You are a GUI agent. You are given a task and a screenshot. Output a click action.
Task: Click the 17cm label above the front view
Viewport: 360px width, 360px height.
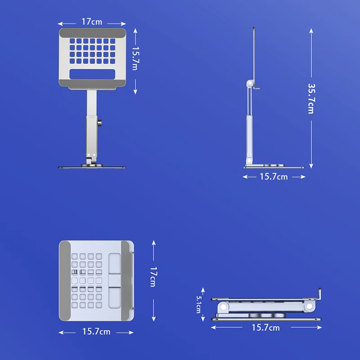point(92,22)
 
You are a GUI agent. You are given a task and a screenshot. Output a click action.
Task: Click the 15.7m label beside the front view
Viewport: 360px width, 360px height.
point(135,58)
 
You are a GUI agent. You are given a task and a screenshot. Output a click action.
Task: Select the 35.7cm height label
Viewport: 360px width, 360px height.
point(311,99)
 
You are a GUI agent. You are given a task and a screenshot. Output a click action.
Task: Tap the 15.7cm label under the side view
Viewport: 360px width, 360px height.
point(274,177)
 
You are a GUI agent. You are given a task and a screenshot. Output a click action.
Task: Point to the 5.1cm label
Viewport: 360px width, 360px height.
point(199,305)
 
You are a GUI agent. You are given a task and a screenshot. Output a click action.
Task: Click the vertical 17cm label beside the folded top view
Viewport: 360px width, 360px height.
point(153,277)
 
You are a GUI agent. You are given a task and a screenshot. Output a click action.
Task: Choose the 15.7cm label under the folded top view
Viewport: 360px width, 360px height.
point(96,332)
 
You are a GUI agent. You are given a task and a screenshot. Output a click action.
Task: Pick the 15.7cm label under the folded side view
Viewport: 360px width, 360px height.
point(265,328)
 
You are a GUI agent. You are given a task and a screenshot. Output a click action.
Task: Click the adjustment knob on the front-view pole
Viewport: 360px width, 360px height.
point(99,123)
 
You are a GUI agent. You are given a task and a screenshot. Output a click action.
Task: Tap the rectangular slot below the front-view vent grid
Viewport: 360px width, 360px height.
point(92,74)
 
